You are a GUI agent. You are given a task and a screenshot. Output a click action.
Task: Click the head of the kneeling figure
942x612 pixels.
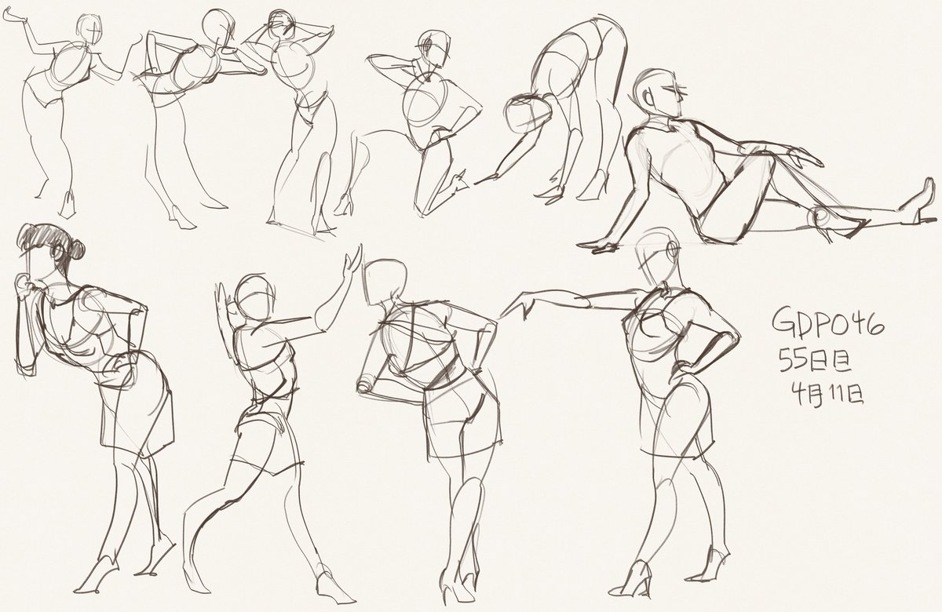(433, 49)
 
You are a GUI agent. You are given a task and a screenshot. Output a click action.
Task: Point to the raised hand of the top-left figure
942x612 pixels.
(13, 16)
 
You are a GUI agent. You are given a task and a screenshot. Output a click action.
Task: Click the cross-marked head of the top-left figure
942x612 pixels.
(89, 30)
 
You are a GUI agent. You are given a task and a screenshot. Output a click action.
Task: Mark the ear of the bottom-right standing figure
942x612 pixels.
(672, 250)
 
